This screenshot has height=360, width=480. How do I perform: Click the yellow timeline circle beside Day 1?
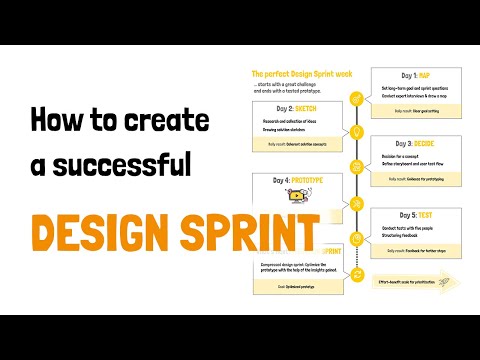pos(356,99)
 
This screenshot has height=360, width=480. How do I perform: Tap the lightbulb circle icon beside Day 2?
pos(356,131)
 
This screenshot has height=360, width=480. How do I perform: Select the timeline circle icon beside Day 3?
pos(356,165)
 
